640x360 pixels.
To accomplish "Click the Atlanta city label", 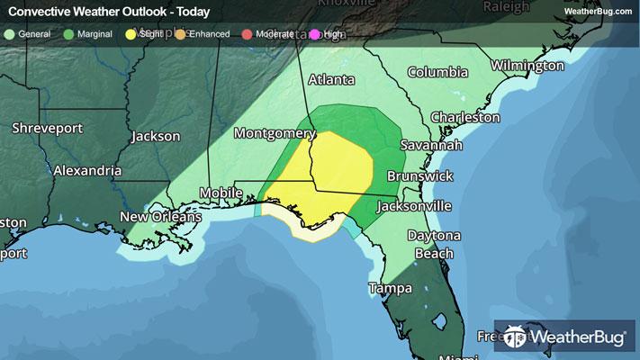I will (x=331, y=80).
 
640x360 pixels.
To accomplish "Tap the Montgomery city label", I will (x=274, y=133).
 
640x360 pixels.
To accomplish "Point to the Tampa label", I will (x=391, y=289).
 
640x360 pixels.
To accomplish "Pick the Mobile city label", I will (x=221, y=193).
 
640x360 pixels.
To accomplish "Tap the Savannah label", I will (x=433, y=146).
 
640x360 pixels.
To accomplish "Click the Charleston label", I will (x=465, y=117).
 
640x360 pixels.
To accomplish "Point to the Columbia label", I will (x=437, y=72).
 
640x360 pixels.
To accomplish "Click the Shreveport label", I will (x=47, y=129).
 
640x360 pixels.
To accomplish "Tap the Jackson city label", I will (x=156, y=137).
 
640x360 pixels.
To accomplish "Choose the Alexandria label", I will (x=87, y=170).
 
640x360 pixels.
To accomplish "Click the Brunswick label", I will (x=420, y=176).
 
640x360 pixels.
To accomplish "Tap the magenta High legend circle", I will (x=315, y=35).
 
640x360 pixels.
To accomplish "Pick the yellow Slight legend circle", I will (x=131, y=35).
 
